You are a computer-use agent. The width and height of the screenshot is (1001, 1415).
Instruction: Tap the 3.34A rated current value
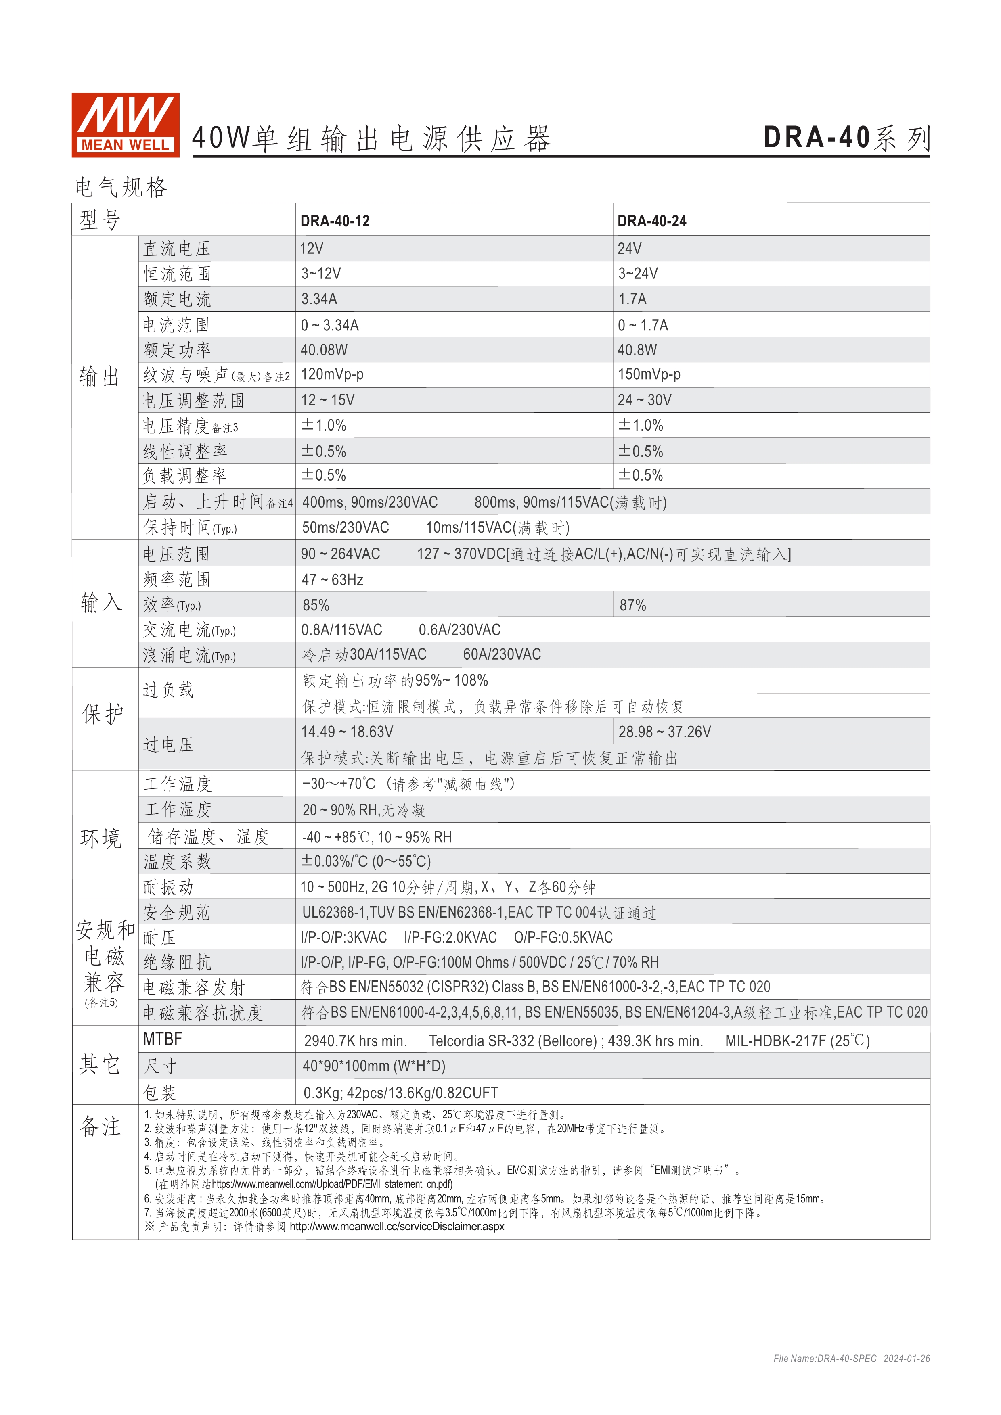(319, 299)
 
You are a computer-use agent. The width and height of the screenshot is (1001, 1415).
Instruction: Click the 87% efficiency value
(632, 605)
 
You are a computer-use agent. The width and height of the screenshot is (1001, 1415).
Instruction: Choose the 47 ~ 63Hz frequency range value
(332, 580)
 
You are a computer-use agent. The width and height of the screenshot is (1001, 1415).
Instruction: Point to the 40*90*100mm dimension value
(373, 1066)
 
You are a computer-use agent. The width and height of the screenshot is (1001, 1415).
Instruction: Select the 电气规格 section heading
(121, 187)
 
